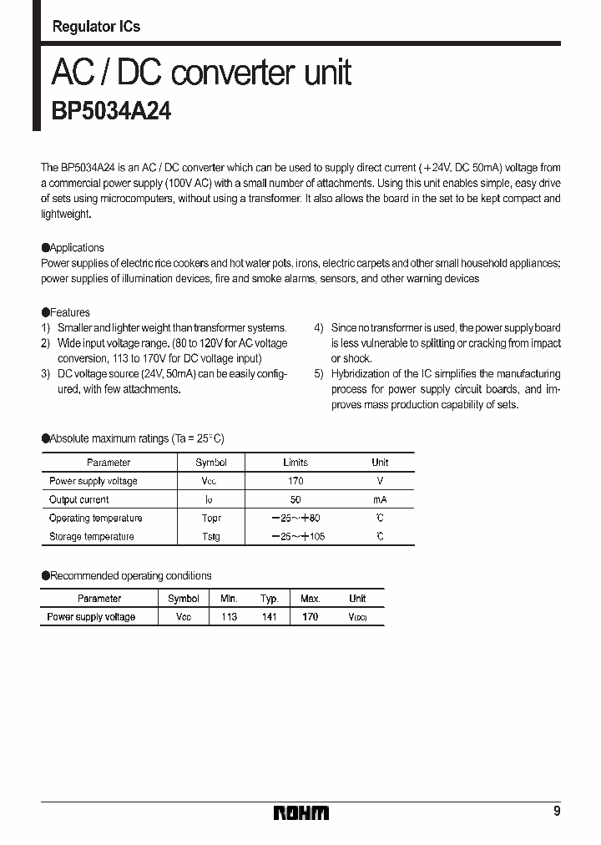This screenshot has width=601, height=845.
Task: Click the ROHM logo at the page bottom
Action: click(x=301, y=812)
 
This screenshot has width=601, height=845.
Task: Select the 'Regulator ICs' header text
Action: click(x=96, y=27)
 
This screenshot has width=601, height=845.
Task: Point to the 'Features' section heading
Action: click(x=70, y=312)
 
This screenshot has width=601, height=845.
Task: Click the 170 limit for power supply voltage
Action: click(x=295, y=481)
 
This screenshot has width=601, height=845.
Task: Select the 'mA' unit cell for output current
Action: click(x=380, y=499)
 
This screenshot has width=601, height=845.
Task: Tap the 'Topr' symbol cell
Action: click(x=210, y=519)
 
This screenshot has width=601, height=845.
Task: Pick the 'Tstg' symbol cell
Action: click(x=210, y=537)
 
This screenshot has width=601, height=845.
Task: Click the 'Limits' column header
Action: click(x=295, y=463)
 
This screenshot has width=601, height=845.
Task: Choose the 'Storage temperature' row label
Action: click(x=91, y=537)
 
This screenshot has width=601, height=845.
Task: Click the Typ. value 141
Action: click(x=269, y=617)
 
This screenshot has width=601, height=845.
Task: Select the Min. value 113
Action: click(x=229, y=617)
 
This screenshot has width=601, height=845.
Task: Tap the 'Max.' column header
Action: click(x=310, y=599)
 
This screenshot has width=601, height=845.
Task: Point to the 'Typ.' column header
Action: click(x=269, y=599)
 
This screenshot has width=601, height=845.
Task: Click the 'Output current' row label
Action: click(x=78, y=499)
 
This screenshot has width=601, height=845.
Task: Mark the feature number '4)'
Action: click(x=319, y=328)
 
